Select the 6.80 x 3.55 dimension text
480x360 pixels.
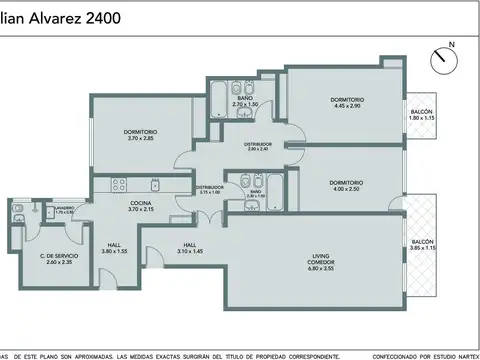(x=321, y=269)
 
